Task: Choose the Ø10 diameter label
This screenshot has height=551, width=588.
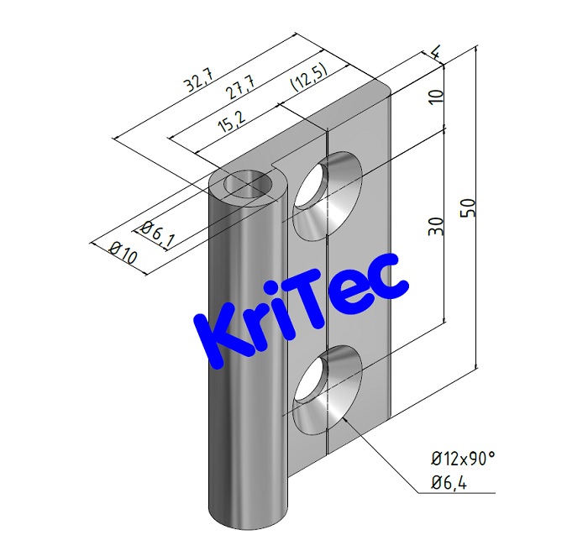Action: (123, 252)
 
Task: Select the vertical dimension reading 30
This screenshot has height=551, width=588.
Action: (434, 227)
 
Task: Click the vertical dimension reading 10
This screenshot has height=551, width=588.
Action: (434, 94)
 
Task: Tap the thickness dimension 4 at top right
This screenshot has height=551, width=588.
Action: (434, 54)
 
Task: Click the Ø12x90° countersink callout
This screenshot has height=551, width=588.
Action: (463, 458)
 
